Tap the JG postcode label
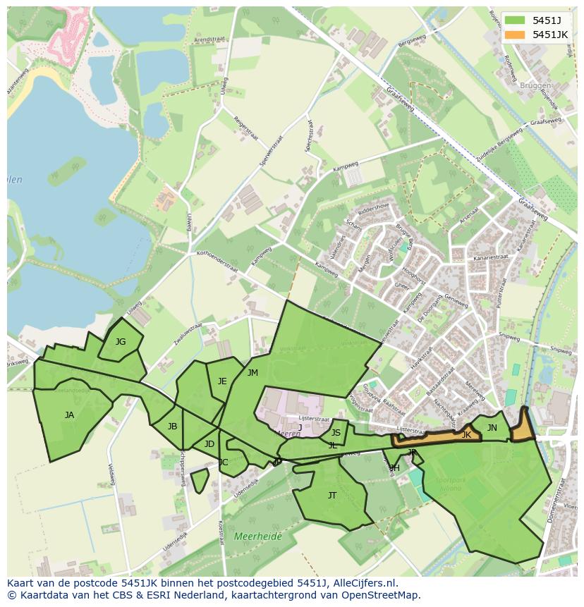pos(121,342)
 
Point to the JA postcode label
pos(69,415)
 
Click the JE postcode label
pos(222,381)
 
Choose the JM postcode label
pos(253,373)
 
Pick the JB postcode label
pos(172,427)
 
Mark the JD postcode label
pos(209,444)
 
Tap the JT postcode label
pos(332,496)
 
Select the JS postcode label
pos(336,433)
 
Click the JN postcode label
pos(492,428)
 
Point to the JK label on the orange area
pos(466,436)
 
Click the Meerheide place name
pos(257,537)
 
